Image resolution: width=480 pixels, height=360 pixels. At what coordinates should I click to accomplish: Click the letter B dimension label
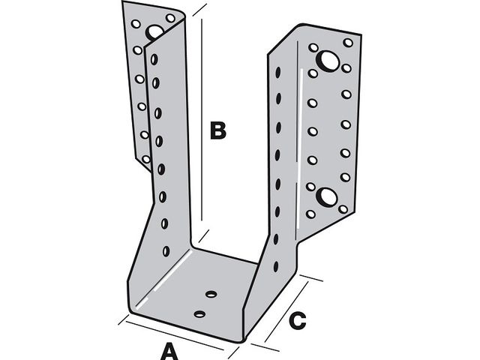217,130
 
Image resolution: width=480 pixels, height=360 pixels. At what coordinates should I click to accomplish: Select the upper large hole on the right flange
328,61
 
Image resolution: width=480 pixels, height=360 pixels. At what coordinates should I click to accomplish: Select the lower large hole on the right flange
327,196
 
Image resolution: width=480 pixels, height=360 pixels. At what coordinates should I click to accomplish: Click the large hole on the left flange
155,32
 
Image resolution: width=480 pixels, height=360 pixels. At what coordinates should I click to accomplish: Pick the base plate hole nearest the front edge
199,313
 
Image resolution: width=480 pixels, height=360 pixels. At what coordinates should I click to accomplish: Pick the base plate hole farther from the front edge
211,294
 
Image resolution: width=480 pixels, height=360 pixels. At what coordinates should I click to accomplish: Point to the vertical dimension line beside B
202,120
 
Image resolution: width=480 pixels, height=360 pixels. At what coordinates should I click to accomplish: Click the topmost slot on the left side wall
154,60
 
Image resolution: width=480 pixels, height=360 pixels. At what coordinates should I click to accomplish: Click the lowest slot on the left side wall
166,250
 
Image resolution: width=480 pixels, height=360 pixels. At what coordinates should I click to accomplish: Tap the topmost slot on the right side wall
277,73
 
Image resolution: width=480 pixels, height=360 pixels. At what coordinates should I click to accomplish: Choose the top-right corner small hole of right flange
348,43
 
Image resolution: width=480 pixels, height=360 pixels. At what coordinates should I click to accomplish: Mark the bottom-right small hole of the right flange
344,209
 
